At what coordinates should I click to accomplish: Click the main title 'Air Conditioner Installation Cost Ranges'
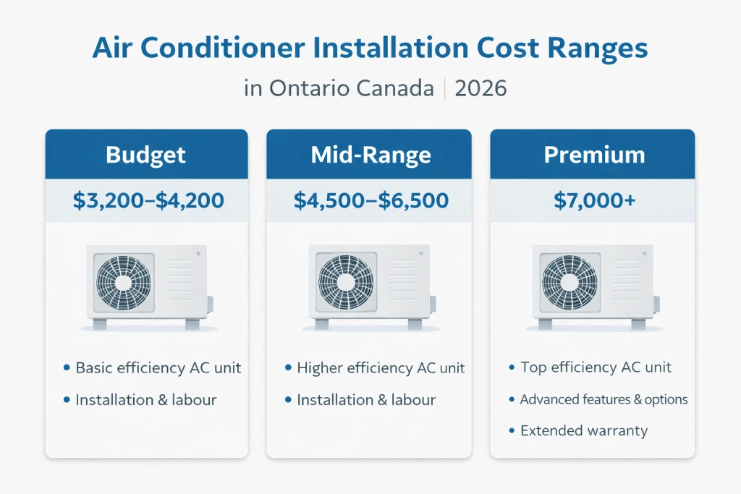370,48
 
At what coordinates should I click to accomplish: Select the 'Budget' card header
146,155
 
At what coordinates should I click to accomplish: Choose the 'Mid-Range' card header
370,155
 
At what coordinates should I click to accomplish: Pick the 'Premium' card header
594,155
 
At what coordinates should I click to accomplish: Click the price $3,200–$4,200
148,200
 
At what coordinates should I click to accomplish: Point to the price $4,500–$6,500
370,200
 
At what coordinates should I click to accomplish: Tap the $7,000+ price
594,200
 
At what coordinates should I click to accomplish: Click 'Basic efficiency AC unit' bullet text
158,368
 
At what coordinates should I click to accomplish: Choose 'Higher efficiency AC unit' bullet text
381,368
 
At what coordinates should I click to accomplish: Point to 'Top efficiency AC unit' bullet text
596,367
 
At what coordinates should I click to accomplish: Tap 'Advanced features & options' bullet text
604,399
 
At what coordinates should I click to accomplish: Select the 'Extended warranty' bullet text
583,431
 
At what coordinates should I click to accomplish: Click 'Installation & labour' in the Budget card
145,399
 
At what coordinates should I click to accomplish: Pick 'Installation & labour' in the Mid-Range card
366,399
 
